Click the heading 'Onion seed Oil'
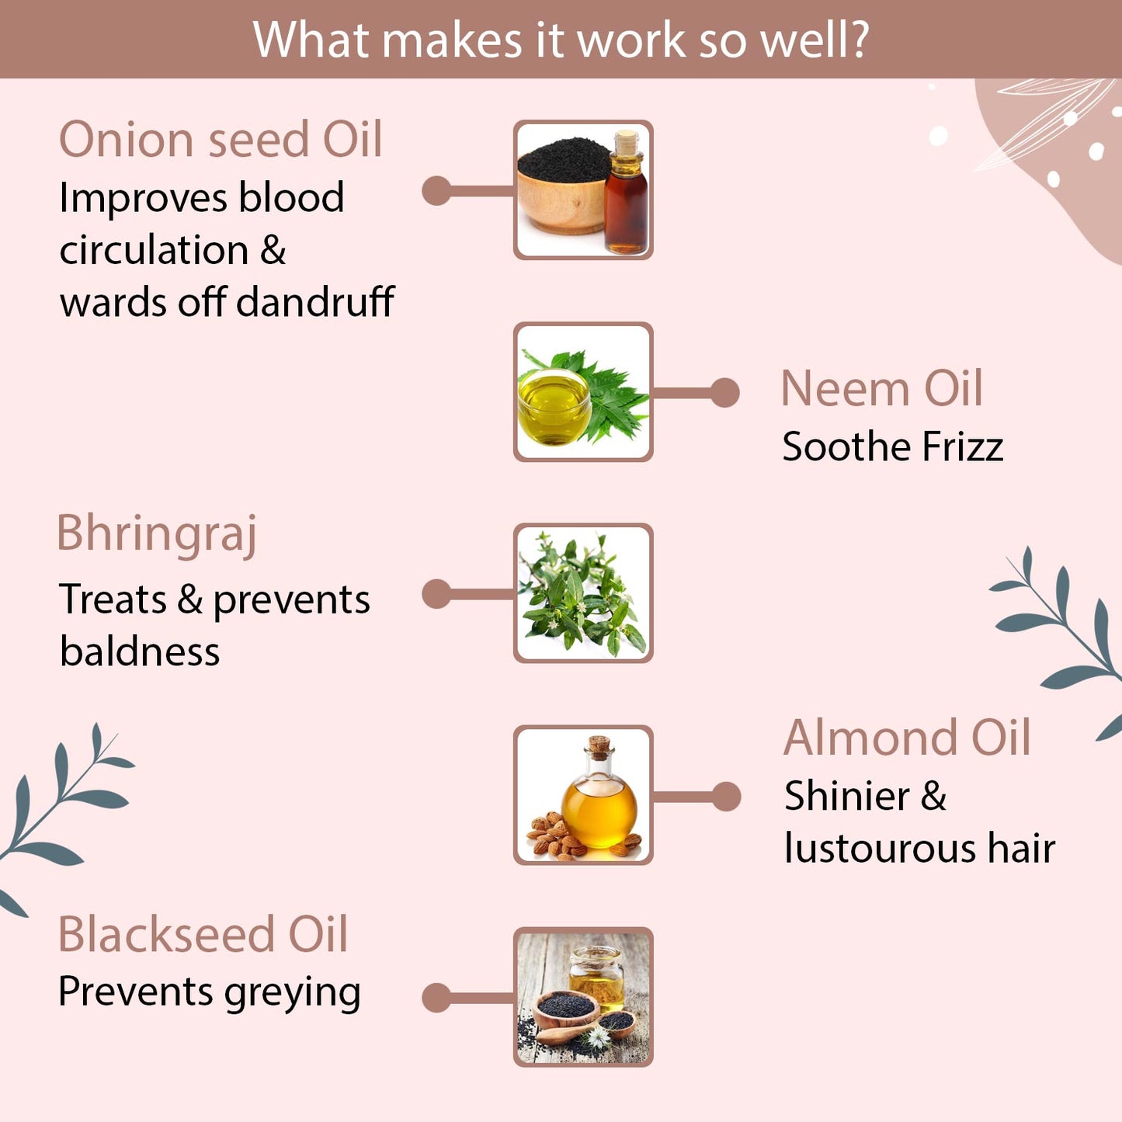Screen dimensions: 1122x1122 (x=221, y=140)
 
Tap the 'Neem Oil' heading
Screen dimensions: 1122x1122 (x=881, y=388)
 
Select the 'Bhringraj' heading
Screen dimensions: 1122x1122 (x=157, y=534)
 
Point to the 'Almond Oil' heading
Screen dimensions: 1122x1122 (x=907, y=738)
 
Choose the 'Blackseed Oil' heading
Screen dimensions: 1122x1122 (x=203, y=934)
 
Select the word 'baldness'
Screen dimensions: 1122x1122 (x=140, y=651)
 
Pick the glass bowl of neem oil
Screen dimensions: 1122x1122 (x=553, y=408)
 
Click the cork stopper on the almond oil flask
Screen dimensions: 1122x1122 (x=599, y=747)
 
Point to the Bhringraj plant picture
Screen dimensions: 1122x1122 (x=583, y=593)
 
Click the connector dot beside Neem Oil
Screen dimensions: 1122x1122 (x=724, y=393)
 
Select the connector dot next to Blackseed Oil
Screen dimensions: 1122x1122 (x=436, y=999)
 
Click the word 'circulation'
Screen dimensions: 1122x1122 (x=154, y=250)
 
